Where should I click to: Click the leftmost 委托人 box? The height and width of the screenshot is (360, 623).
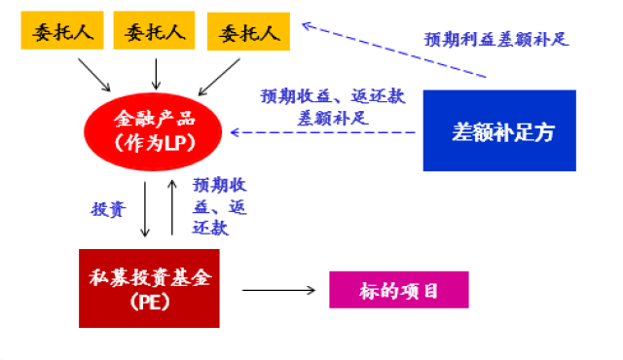pos(60,33)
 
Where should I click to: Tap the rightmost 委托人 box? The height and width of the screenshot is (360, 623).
pos(249,33)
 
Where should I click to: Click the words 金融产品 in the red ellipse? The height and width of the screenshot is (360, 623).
pos(155,120)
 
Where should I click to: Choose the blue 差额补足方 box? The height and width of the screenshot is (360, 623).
pos(500,131)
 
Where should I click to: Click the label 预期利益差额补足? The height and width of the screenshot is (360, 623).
pos(496,40)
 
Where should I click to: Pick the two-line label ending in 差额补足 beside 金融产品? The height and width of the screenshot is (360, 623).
pos(332,107)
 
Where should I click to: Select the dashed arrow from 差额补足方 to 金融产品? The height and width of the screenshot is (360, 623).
pos(327,131)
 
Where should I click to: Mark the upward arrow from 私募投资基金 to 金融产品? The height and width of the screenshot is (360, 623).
pos(172,206)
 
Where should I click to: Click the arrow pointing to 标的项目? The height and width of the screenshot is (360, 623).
pos(280,290)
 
